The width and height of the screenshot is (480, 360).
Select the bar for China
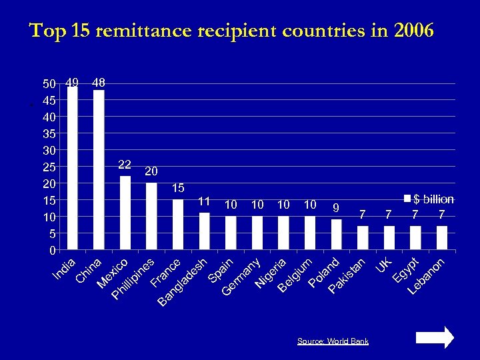(99, 170)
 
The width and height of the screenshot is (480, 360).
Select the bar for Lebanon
(441, 238)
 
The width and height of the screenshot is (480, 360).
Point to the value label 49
(73, 83)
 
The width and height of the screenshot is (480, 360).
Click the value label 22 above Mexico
(125, 164)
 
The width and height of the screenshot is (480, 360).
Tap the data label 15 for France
(178, 188)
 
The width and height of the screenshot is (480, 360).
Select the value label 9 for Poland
(337, 207)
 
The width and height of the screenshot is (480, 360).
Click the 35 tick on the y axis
(49, 133)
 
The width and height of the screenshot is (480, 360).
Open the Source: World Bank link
(333, 341)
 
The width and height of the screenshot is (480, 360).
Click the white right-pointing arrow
(435, 337)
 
